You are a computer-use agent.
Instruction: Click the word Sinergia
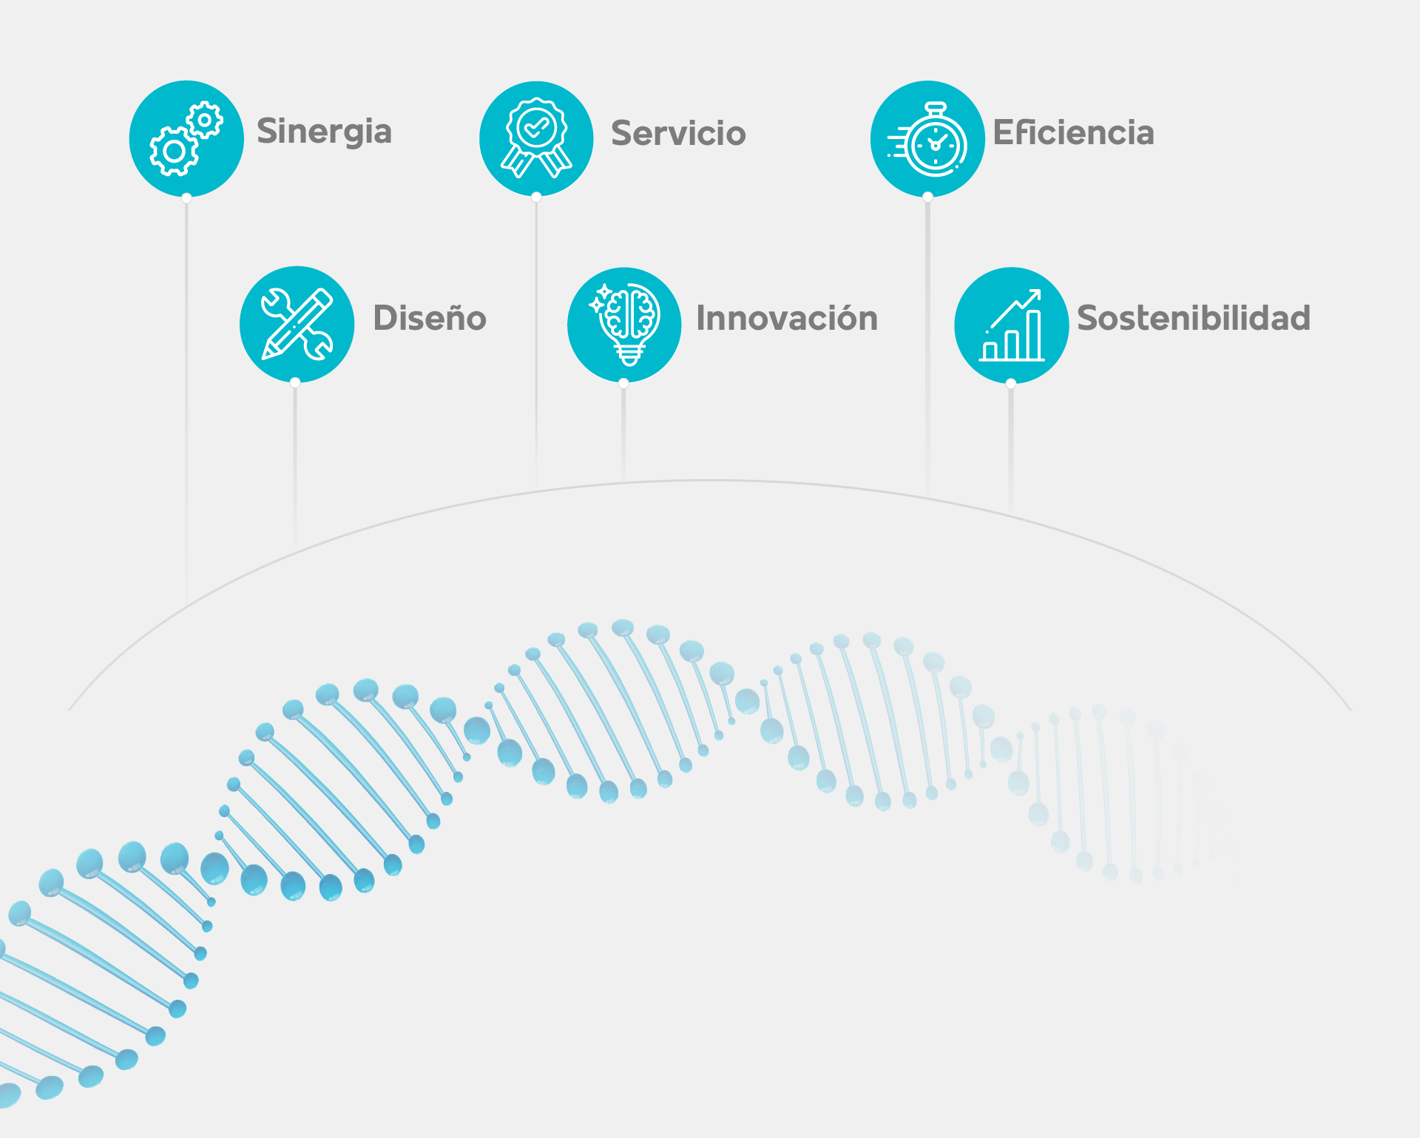coord(324,132)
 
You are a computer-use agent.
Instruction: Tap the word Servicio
coord(678,133)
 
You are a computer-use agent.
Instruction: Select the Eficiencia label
coord(1073,132)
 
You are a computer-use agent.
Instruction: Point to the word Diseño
coord(430,318)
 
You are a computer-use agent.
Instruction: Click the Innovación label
coord(787,318)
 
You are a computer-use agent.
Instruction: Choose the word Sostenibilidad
coord(1194,318)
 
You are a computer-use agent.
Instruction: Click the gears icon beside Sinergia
coord(186,139)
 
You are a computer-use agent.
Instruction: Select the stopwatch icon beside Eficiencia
coord(927,139)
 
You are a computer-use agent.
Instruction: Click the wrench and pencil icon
coord(297,325)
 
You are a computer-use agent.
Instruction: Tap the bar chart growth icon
coord(1011,325)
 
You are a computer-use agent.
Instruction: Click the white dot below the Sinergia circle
coord(186,197)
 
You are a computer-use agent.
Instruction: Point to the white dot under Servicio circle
coord(536,197)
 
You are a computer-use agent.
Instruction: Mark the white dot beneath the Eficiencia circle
coord(927,197)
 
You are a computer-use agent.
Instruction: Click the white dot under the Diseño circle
coord(295,382)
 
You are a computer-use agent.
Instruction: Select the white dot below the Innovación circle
coord(623,383)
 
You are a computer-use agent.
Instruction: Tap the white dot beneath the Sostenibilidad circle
coord(1011,383)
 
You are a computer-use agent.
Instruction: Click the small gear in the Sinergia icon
coord(204,120)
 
